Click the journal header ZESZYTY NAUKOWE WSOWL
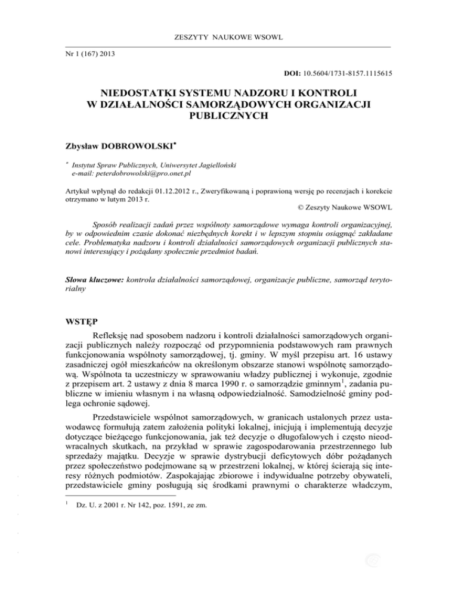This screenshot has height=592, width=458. [228, 38]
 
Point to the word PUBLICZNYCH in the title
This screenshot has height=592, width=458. [229, 117]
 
